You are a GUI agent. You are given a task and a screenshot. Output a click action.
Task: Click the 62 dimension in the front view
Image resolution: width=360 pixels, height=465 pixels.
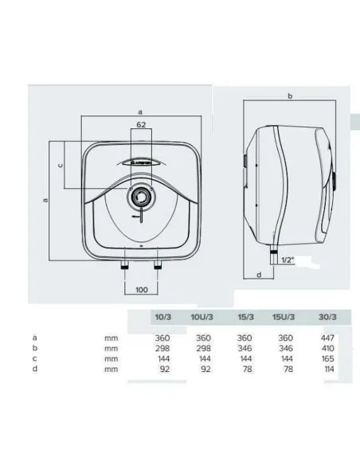tap(140, 125)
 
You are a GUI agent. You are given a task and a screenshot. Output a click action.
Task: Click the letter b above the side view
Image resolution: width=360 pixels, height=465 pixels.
tap(290, 96)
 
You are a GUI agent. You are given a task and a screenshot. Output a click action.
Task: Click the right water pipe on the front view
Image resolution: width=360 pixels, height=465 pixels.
tap(157, 264)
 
